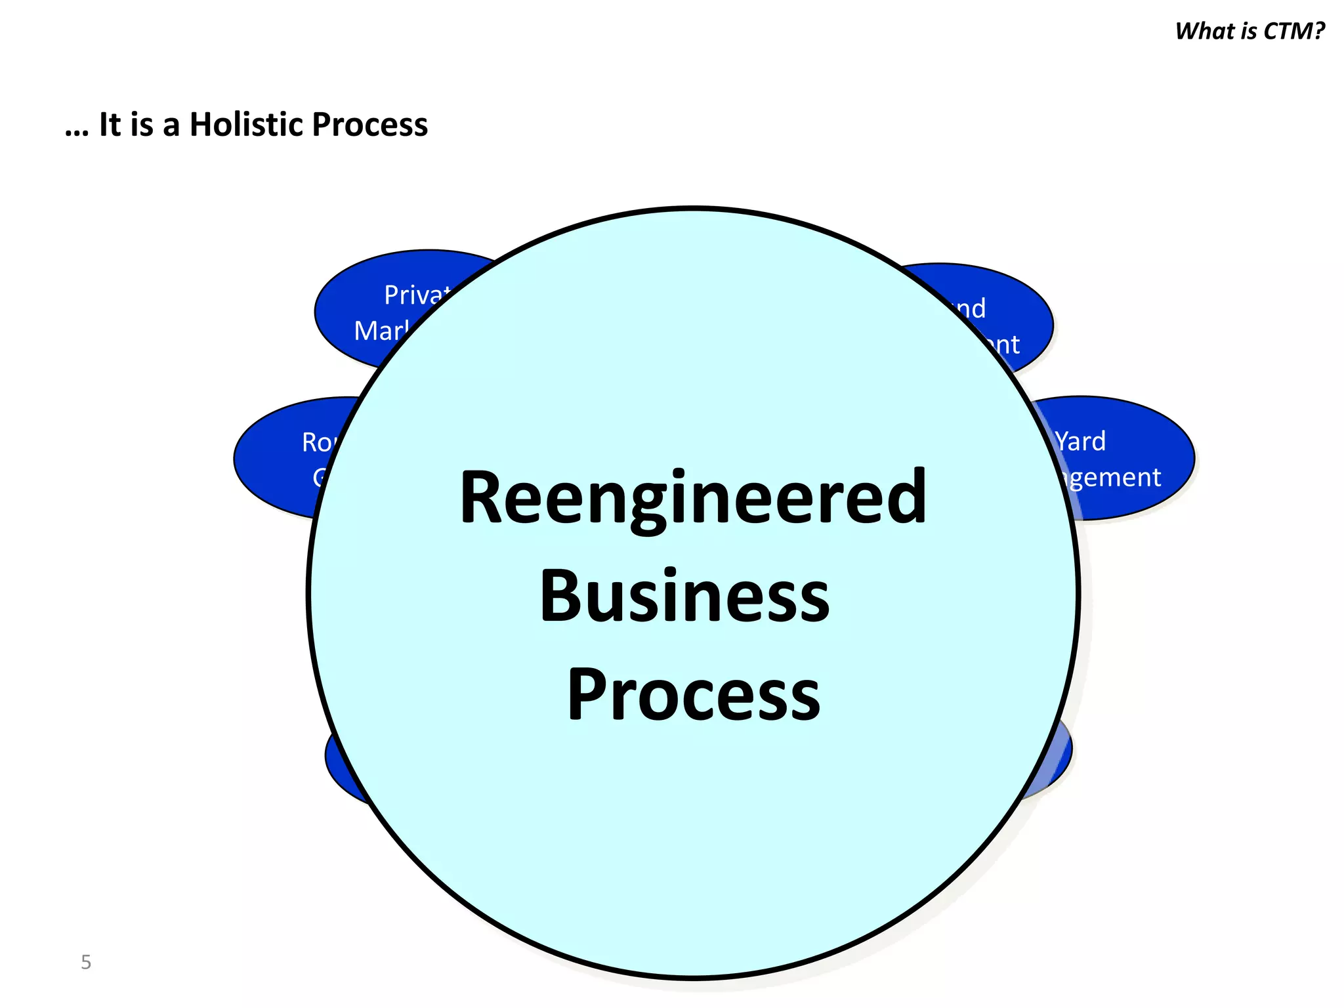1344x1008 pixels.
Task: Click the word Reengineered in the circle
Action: [693, 499]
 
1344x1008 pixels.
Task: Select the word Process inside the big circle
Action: [694, 694]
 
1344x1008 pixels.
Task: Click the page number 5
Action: [86, 962]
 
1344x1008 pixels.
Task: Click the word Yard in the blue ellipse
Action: [1080, 441]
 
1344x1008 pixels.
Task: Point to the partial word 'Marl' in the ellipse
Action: [381, 331]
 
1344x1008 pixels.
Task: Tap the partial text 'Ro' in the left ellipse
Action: [318, 442]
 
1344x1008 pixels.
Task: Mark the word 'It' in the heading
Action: [110, 125]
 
